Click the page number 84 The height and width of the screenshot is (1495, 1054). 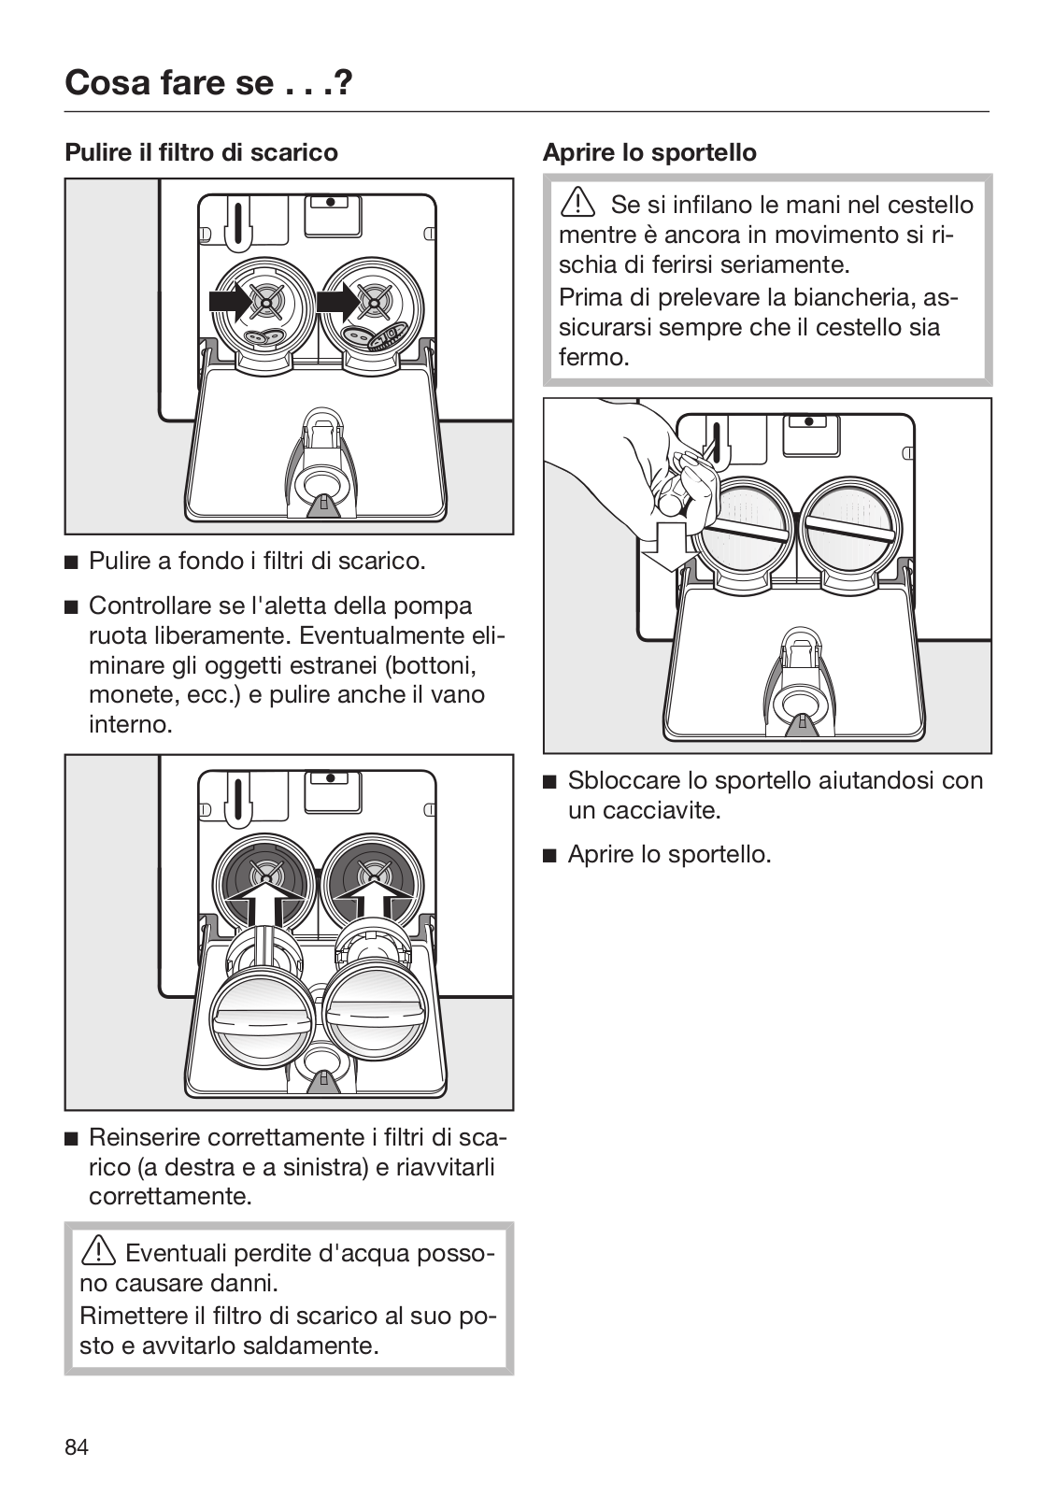click(x=77, y=1447)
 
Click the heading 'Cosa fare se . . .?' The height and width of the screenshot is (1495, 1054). click(x=208, y=84)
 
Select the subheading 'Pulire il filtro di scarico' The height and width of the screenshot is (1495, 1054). click(x=201, y=151)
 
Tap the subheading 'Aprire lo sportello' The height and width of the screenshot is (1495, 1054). click(x=649, y=152)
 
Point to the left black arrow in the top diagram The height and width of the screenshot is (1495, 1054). click(x=233, y=301)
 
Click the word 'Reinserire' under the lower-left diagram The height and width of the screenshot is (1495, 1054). click(x=145, y=1137)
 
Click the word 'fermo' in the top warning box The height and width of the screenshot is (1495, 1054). click(x=591, y=357)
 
